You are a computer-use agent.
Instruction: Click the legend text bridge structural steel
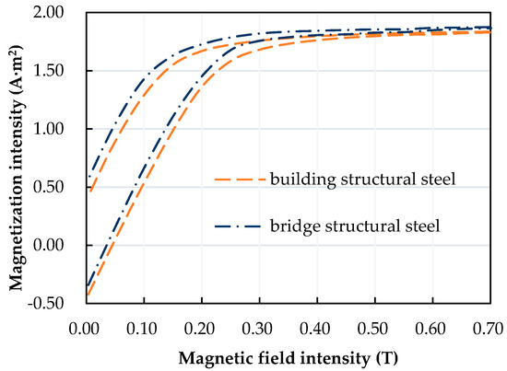(x=356, y=225)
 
